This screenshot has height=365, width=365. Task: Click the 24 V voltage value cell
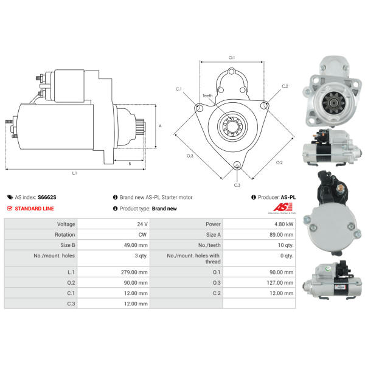pyautogui.click(x=142, y=224)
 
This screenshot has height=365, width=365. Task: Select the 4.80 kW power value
pyautogui.click(x=283, y=224)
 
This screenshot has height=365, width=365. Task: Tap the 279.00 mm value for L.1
pyautogui.click(x=134, y=272)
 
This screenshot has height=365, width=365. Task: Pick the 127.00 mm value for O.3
pyautogui.click(x=280, y=283)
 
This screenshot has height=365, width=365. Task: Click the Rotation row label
pyautogui.click(x=65, y=234)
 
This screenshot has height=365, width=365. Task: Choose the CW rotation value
pyautogui.click(x=142, y=234)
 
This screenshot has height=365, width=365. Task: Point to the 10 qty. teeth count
pyautogui.click(x=286, y=245)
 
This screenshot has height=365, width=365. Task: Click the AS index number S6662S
pyautogui.click(x=47, y=197)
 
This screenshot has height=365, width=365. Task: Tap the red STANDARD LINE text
pyautogui.click(x=34, y=208)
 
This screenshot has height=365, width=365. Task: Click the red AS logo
pyautogui.click(x=283, y=207)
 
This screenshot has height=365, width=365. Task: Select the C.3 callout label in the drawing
pyautogui.click(x=237, y=185)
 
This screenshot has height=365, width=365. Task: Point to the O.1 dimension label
pyautogui.click(x=232, y=58)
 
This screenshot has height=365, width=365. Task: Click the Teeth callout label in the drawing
pyautogui.click(x=207, y=96)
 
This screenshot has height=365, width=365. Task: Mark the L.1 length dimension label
pyautogui.click(x=74, y=173)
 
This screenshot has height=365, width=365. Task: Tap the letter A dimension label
pyautogui.click(x=160, y=126)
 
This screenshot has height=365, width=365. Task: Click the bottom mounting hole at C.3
pyautogui.click(x=237, y=165)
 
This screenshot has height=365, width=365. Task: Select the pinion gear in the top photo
pyautogui.click(x=333, y=102)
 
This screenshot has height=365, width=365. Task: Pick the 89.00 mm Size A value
pyautogui.click(x=282, y=234)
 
